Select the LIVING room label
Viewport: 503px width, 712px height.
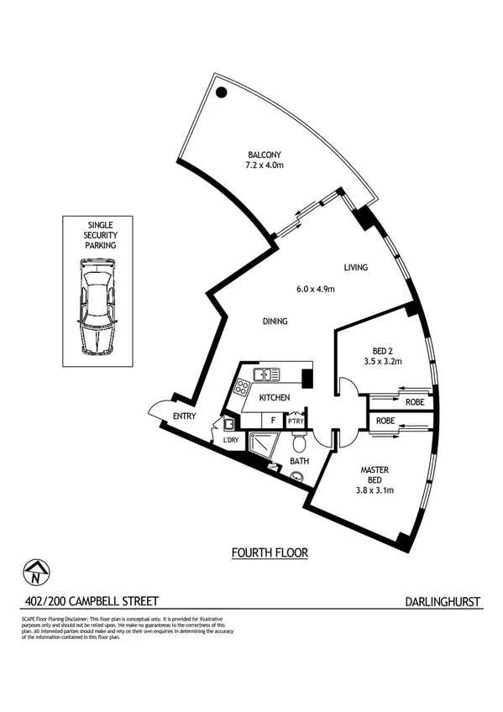coord(356,268)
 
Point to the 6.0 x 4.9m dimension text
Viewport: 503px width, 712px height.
coord(316,290)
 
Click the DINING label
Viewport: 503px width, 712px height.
coord(275,321)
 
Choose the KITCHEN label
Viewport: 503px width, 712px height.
coord(275,397)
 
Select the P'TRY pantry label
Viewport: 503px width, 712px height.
coord(296,421)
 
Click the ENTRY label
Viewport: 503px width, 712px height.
coord(185,417)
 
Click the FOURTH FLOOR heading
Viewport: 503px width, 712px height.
coord(270,552)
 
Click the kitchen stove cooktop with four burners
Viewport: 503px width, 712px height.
coord(242,388)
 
